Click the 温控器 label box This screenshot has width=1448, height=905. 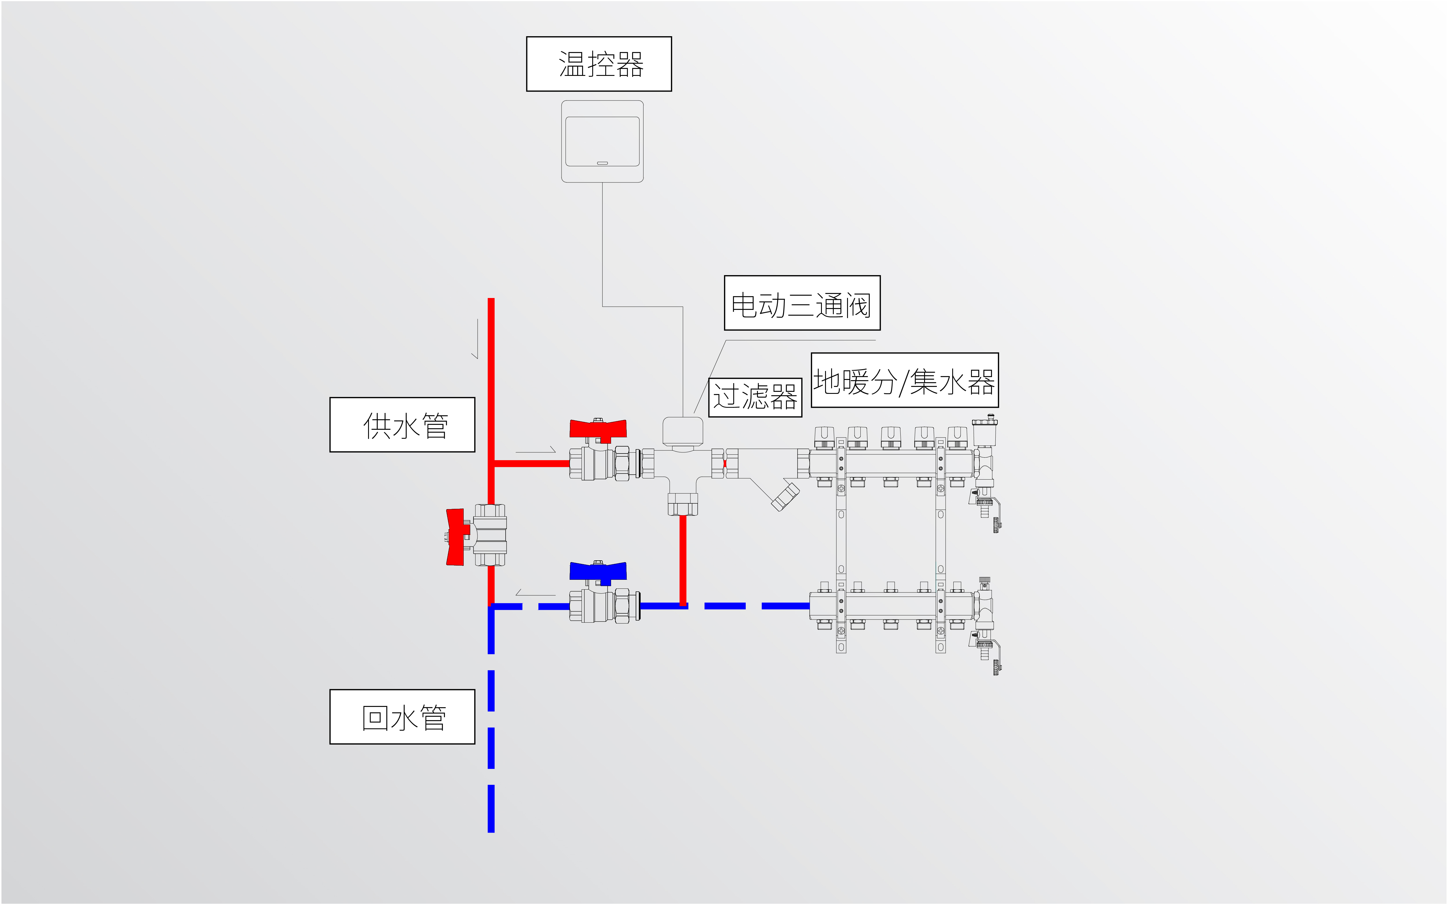(x=599, y=64)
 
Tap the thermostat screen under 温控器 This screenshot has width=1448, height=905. (x=603, y=141)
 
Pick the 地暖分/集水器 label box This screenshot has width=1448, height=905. (x=905, y=380)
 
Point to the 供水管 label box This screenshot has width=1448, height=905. (x=402, y=424)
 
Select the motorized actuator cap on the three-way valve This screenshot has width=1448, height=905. (x=683, y=432)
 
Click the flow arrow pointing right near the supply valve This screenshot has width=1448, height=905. (x=535, y=449)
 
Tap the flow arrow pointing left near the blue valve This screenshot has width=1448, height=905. (x=535, y=593)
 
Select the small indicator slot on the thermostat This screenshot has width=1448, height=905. (x=603, y=163)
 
